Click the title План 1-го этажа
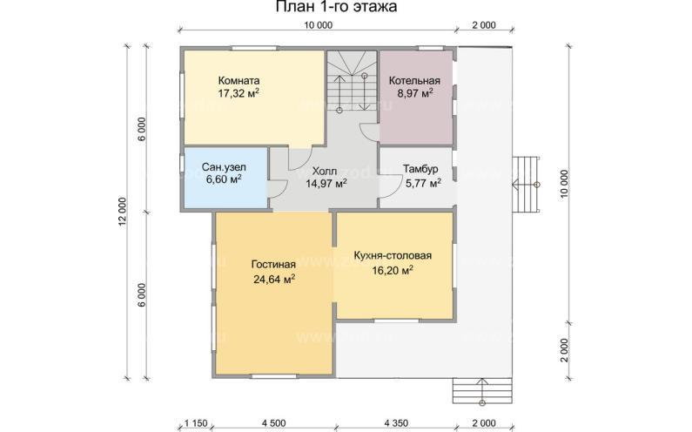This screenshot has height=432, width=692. (x=336, y=7)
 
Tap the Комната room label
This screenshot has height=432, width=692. (x=239, y=81)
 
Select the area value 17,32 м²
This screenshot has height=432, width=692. (x=239, y=93)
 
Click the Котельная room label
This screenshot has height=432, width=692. (x=414, y=81)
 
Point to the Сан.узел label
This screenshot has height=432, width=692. (x=224, y=167)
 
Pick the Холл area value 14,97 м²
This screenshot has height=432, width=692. (x=326, y=183)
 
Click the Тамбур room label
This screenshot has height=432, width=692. (x=420, y=169)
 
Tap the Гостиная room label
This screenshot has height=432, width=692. (x=273, y=264)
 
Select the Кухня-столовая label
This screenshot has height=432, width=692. (x=393, y=256)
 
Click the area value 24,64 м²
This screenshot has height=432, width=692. (x=274, y=280)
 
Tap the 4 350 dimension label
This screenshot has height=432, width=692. (x=395, y=423)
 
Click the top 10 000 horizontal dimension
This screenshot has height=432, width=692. (x=318, y=25)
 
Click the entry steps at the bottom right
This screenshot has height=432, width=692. (x=482, y=390)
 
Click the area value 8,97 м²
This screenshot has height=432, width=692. (x=415, y=93)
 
